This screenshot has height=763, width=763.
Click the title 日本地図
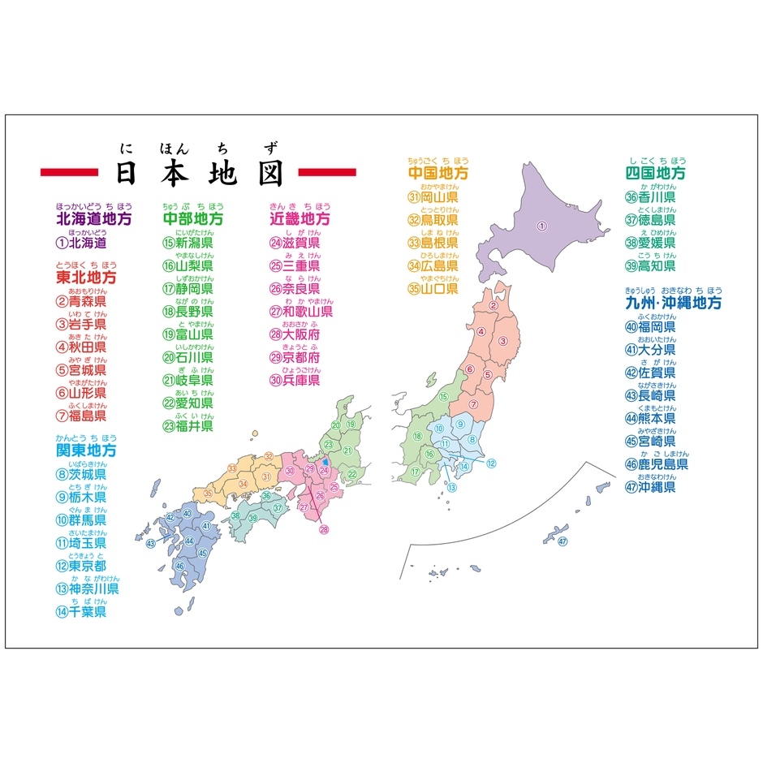point(199,172)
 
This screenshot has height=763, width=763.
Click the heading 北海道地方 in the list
point(93,218)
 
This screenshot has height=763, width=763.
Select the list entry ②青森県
point(81,301)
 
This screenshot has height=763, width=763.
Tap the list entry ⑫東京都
point(81,566)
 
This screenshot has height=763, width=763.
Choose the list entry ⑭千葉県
point(81,611)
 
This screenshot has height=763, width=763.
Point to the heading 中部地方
point(193,218)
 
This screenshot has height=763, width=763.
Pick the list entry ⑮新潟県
point(188,242)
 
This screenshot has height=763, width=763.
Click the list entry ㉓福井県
point(188,425)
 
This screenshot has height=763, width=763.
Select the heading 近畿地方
point(300,218)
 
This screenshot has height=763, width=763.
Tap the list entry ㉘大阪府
point(295,334)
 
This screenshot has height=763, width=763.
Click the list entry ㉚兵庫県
point(295,379)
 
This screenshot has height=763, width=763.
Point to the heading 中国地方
point(438,173)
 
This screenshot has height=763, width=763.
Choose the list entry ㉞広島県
point(433,265)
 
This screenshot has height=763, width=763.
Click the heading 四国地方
point(655,173)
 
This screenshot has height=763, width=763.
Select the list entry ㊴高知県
point(650,265)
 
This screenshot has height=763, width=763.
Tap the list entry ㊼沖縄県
point(650,487)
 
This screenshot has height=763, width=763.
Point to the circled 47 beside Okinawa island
point(562,541)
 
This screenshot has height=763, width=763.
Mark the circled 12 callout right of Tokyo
point(491,463)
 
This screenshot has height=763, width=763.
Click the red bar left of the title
point(69,172)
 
